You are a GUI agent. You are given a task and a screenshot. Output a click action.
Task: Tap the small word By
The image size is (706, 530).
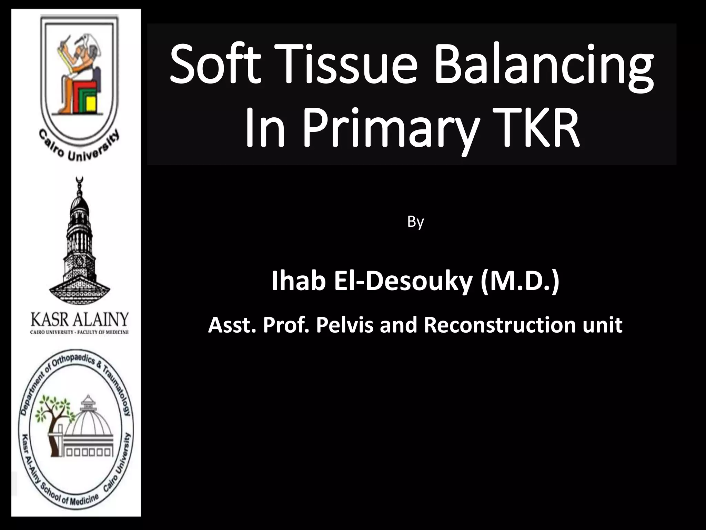(415, 222)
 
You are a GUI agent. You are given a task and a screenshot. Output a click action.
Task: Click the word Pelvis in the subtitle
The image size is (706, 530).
(344, 325)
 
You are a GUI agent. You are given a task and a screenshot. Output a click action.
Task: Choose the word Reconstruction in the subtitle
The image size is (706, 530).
(500, 325)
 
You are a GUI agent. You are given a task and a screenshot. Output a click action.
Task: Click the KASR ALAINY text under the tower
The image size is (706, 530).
(80, 320)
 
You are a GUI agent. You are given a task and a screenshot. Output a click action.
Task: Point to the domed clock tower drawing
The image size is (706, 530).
(80, 242)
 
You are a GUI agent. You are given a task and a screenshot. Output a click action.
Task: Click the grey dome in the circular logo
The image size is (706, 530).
(89, 424)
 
